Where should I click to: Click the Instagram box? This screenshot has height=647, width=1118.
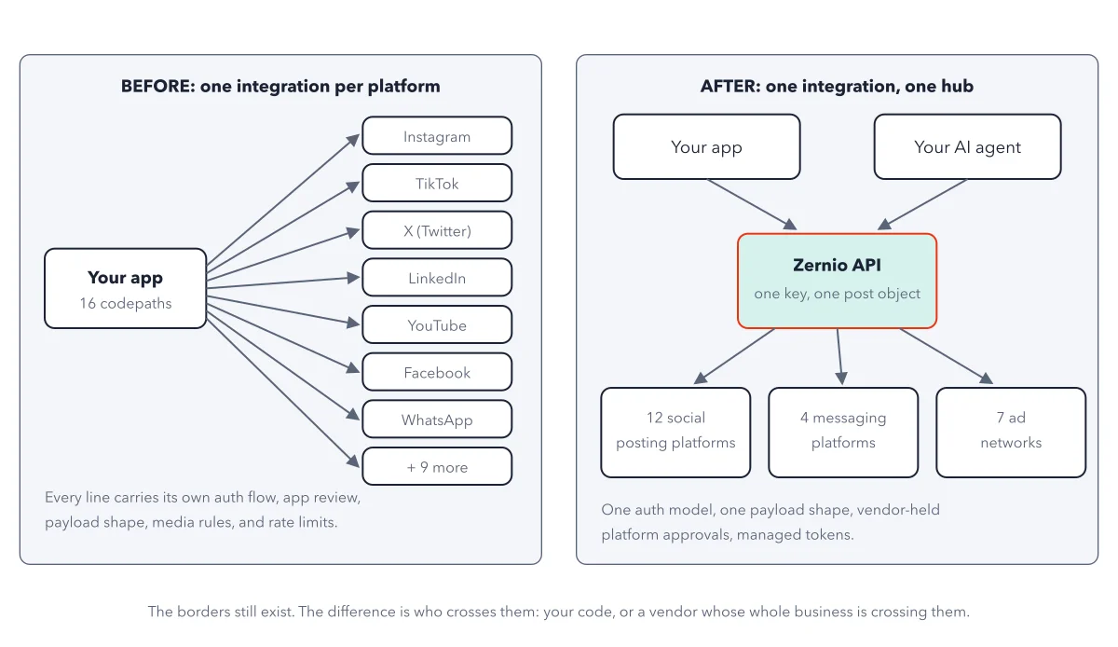pyautogui.click(x=437, y=136)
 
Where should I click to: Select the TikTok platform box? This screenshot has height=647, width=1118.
pyautogui.click(x=437, y=184)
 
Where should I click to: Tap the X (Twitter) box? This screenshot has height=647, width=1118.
pyautogui.click(x=437, y=230)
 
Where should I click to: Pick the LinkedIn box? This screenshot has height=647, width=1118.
pyautogui.click(x=437, y=278)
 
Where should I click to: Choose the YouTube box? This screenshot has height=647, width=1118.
pyautogui.click(x=437, y=324)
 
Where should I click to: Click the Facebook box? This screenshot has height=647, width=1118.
pyautogui.click(x=437, y=372)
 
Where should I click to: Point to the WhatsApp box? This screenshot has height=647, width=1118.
pyautogui.click(x=437, y=420)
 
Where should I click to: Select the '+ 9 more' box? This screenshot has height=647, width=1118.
pyautogui.click(x=437, y=467)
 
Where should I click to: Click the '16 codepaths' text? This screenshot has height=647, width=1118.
pyautogui.click(x=125, y=303)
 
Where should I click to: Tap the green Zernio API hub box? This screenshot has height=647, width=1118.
pyautogui.click(x=837, y=281)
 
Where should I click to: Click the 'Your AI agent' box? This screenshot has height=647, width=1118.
pyautogui.click(x=967, y=147)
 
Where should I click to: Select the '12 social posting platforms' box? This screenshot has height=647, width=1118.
pyautogui.click(x=675, y=433)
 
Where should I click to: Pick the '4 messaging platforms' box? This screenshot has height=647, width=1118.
pyautogui.click(x=843, y=433)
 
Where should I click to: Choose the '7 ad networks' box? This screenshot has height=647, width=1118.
pyautogui.click(x=1011, y=433)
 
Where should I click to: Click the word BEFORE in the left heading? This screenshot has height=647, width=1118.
pyautogui.click(x=157, y=86)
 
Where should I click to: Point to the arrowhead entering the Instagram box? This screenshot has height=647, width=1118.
pyautogui.click(x=354, y=140)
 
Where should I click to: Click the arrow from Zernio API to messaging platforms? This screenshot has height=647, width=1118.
pyautogui.click(x=840, y=357)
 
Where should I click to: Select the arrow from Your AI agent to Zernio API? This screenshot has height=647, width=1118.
pyautogui.click(x=922, y=204)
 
